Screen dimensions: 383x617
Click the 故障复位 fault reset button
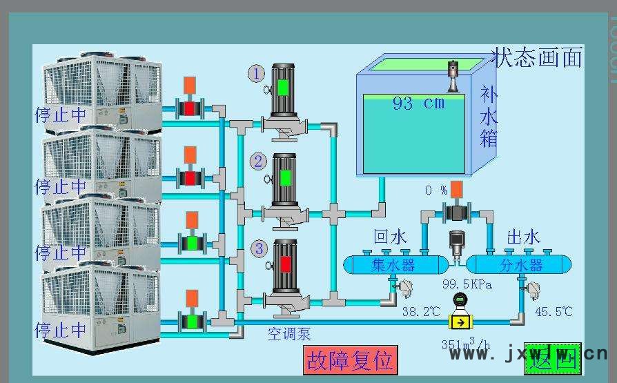coord(350,360)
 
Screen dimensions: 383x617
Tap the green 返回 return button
coord(552,357)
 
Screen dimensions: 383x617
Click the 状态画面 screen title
coord(537,57)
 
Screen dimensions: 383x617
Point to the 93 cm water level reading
coord(418,104)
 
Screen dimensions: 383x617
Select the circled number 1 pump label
coord(256,73)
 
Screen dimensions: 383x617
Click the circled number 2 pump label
coord(258,161)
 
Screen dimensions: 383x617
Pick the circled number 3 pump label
coord(259,248)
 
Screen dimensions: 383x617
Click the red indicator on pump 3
coord(284,264)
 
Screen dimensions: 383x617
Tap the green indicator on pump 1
coord(283,88)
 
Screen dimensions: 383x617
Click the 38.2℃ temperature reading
coord(420,312)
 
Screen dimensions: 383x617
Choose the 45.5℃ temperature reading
coord(553,312)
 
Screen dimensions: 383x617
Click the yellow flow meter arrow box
coord(459,321)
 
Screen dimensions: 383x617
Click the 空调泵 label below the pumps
coord(288,335)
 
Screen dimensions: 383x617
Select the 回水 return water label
coord(390,237)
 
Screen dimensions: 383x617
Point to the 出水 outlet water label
coord(522,237)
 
